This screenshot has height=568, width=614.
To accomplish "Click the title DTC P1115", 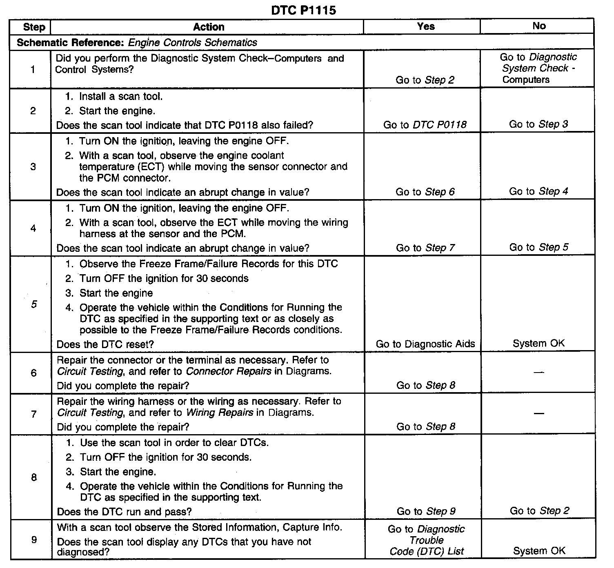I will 303,10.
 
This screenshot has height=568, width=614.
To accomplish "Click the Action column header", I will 209,27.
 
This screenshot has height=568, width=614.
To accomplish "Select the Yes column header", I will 425,27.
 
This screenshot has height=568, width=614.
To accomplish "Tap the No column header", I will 539,26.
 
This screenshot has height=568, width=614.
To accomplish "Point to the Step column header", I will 34,27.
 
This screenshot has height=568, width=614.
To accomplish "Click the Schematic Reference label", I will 71,42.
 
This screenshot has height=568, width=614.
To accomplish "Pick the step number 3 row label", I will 33,166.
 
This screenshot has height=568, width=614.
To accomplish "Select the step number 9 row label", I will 34,540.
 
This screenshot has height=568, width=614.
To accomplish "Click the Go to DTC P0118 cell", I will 425,125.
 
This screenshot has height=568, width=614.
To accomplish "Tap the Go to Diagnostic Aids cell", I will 425,344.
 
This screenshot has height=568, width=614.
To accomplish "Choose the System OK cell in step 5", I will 538,344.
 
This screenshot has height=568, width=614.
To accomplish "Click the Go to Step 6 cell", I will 425,192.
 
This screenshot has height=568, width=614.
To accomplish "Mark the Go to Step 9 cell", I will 426,511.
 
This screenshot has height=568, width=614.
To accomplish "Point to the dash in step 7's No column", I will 539,413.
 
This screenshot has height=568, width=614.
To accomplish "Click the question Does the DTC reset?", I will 105,344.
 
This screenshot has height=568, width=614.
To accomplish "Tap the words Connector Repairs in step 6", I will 228,371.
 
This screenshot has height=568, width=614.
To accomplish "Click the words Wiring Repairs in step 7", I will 220,413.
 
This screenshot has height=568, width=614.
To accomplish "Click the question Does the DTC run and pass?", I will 125,512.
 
